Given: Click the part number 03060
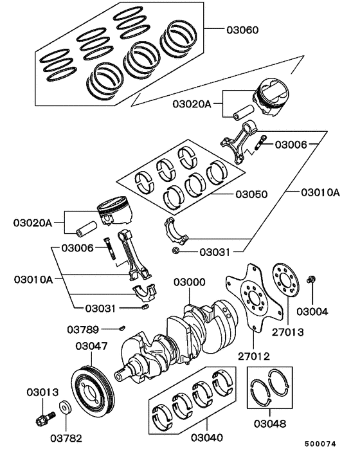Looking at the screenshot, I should (x=244, y=30).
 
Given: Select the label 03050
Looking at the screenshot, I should (x=251, y=194).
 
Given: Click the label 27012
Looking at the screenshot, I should (x=253, y=356).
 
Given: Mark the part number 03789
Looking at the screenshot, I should (x=82, y=330).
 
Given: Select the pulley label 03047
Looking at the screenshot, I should (x=91, y=346).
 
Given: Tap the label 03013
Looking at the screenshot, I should (x=42, y=391).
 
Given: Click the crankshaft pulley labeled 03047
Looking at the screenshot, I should (x=93, y=388).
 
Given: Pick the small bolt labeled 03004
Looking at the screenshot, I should (x=312, y=280).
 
